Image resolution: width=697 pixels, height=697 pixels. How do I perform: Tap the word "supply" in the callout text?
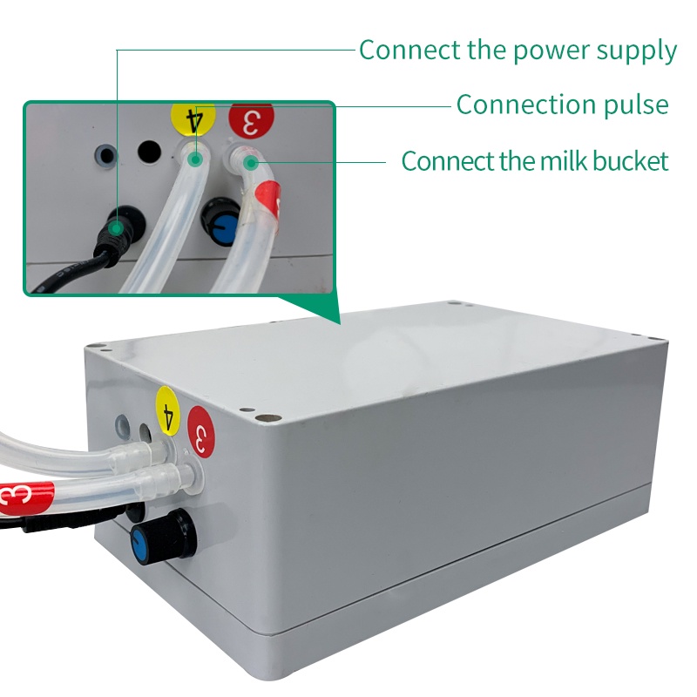pyautogui.click(x=637, y=51)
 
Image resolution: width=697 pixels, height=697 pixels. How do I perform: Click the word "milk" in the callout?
pyautogui.click(x=564, y=160)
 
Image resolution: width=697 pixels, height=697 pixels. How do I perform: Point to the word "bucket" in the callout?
pyautogui.click(x=631, y=160)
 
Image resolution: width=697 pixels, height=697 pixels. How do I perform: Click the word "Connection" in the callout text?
pyautogui.click(x=526, y=105)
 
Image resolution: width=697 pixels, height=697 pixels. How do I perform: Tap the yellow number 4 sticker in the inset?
pyautogui.click(x=193, y=118)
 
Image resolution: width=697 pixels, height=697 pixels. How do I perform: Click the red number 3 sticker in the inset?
pyautogui.click(x=251, y=120)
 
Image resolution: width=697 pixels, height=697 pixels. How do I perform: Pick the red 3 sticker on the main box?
pyautogui.click(x=201, y=431)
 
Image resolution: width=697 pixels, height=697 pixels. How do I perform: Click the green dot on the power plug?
pyautogui.click(x=117, y=228)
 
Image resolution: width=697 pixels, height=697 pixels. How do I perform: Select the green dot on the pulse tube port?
pyautogui.click(x=194, y=159)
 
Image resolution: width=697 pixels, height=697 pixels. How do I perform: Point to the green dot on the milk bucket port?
pyautogui.click(x=251, y=163)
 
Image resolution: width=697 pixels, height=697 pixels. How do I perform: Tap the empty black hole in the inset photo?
pyautogui.click(x=149, y=152)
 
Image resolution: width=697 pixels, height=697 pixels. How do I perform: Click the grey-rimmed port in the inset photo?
pyautogui.click(x=106, y=155)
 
